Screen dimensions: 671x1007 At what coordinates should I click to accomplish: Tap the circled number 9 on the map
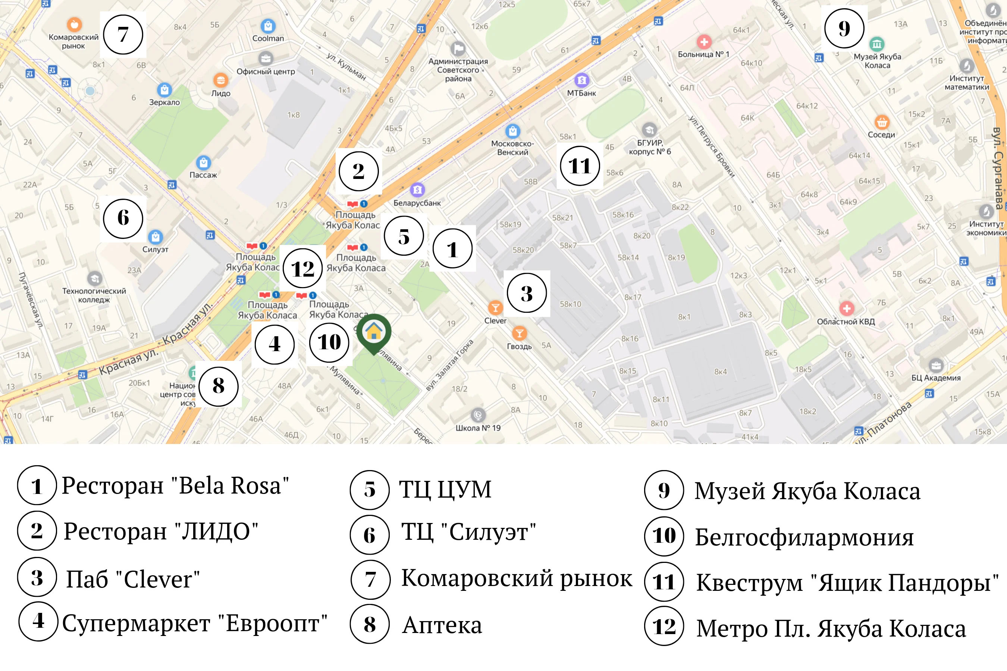[844, 28]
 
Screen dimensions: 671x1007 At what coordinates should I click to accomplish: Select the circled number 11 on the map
[580, 166]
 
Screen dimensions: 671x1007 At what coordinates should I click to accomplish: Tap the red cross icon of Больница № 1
[704, 42]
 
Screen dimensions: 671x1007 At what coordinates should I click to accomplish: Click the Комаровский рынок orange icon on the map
[74, 24]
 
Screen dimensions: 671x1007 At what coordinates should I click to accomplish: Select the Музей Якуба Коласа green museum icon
[877, 44]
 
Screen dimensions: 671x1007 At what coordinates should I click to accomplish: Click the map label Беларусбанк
[417, 203]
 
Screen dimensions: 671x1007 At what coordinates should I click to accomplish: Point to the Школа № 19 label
[478, 428]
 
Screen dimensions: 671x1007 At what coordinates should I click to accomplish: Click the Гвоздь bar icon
[519, 333]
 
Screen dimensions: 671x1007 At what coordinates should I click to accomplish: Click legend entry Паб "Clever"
[133, 579]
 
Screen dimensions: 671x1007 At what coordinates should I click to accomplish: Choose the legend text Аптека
[442, 625]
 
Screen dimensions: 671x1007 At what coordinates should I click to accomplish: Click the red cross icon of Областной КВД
[847, 308]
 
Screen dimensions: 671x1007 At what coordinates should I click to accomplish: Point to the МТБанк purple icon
[581, 80]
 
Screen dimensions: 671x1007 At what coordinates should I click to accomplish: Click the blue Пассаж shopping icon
[203, 163]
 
